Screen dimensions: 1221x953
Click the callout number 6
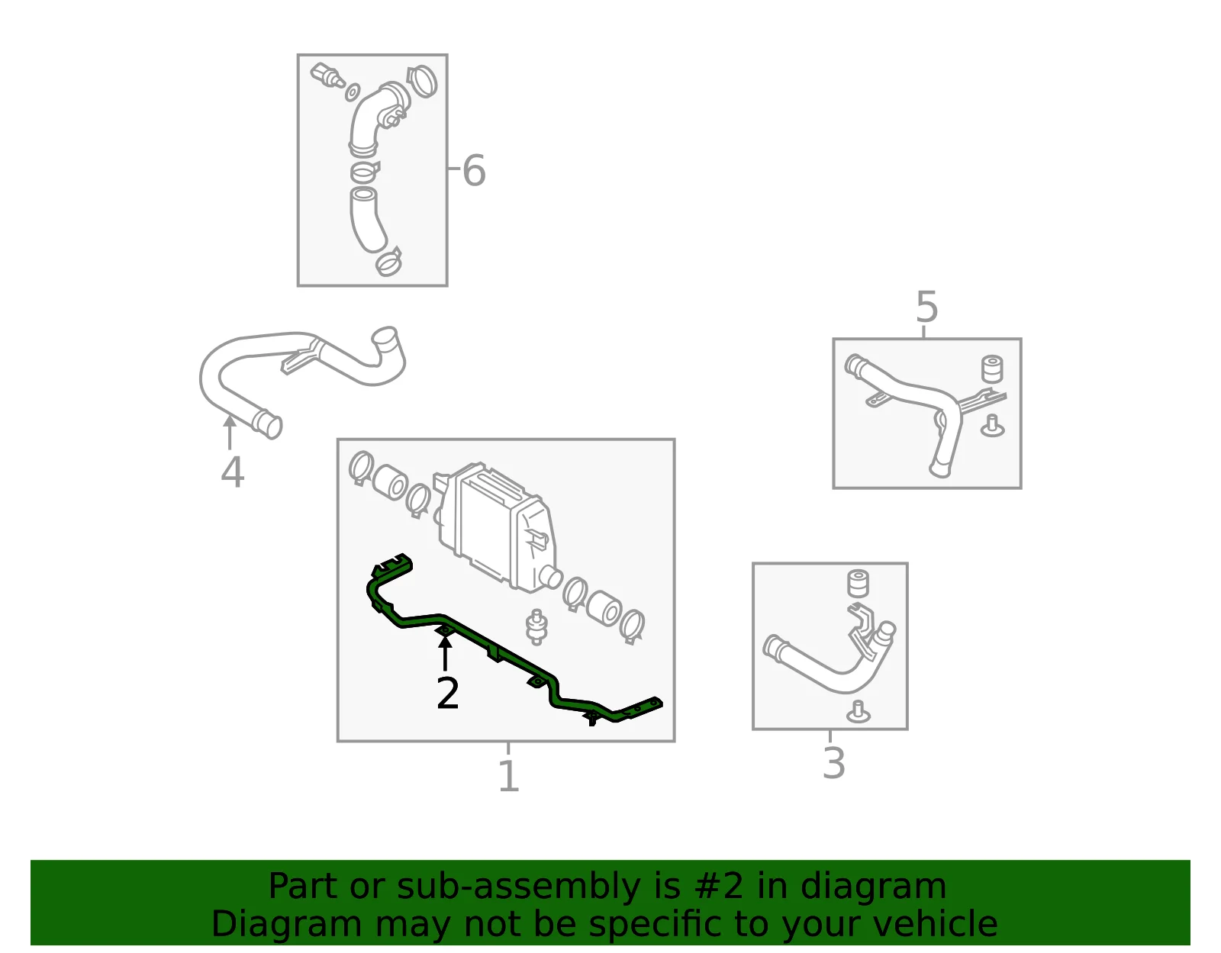pyautogui.click(x=474, y=170)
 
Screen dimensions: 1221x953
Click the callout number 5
pyautogui.click(x=926, y=307)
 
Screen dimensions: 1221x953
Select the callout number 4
pyautogui.click(x=233, y=472)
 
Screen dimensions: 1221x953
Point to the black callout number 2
pyautogui.click(x=448, y=694)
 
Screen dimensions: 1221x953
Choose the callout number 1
pyautogui.click(x=509, y=775)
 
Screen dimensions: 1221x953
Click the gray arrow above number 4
pyautogui.click(x=229, y=432)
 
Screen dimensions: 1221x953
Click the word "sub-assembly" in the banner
pyautogui.click(x=518, y=887)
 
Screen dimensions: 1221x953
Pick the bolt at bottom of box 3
pyautogui.click(x=858, y=712)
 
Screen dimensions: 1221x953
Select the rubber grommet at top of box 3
pyautogui.click(x=858, y=584)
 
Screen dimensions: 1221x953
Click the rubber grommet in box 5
pyautogui.click(x=992, y=369)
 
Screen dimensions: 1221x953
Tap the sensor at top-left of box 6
pyautogui.click(x=327, y=76)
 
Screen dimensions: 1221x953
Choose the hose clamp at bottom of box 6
pyautogui.click(x=389, y=262)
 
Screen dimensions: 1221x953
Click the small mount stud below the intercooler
pyautogui.click(x=536, y=626)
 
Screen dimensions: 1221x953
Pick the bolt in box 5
pyautogui.click(x=993, y=427)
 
